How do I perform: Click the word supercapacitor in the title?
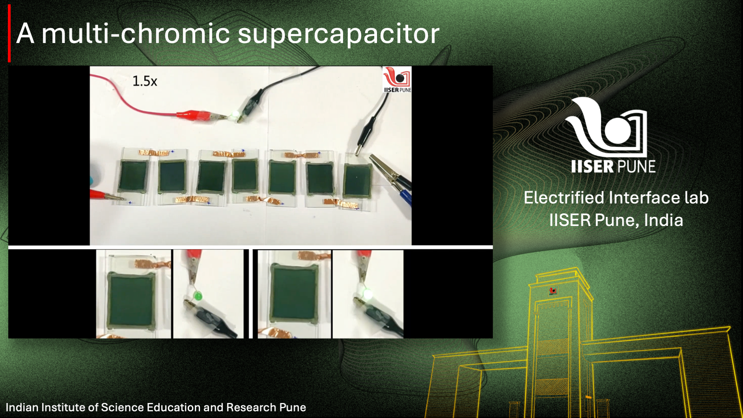pyautogui.click(x=338, y=34)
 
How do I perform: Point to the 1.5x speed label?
pyautogui.click(x=145, y=81)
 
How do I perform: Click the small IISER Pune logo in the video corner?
pyautogui.click(x=397, y=80)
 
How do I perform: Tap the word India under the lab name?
pyautogui.click(x=663, y=220)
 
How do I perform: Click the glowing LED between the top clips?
pyautogui.click(x=235, y=115)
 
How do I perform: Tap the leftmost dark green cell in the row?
pyautogui.click(x=133, y=176)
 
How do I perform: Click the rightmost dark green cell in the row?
pyautogui.click(x=357, y=180)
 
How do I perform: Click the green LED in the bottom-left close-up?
pyautogui.click(x=198, y=296)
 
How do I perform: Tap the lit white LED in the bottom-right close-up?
pyautogui.click(x=367, y=294)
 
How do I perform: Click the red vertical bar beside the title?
pyautogui.click(x=9, y=34)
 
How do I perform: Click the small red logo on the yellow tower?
pyautogui.click(x=553, y=291)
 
